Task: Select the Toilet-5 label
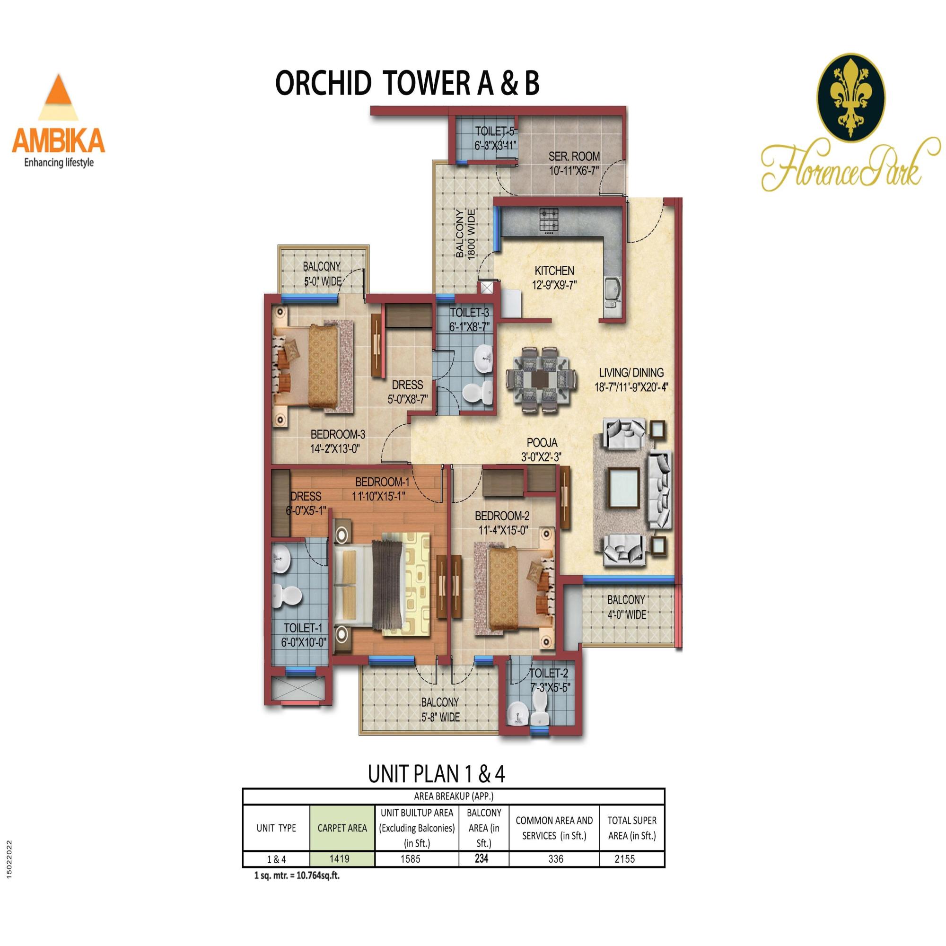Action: (x=495, y=138)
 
